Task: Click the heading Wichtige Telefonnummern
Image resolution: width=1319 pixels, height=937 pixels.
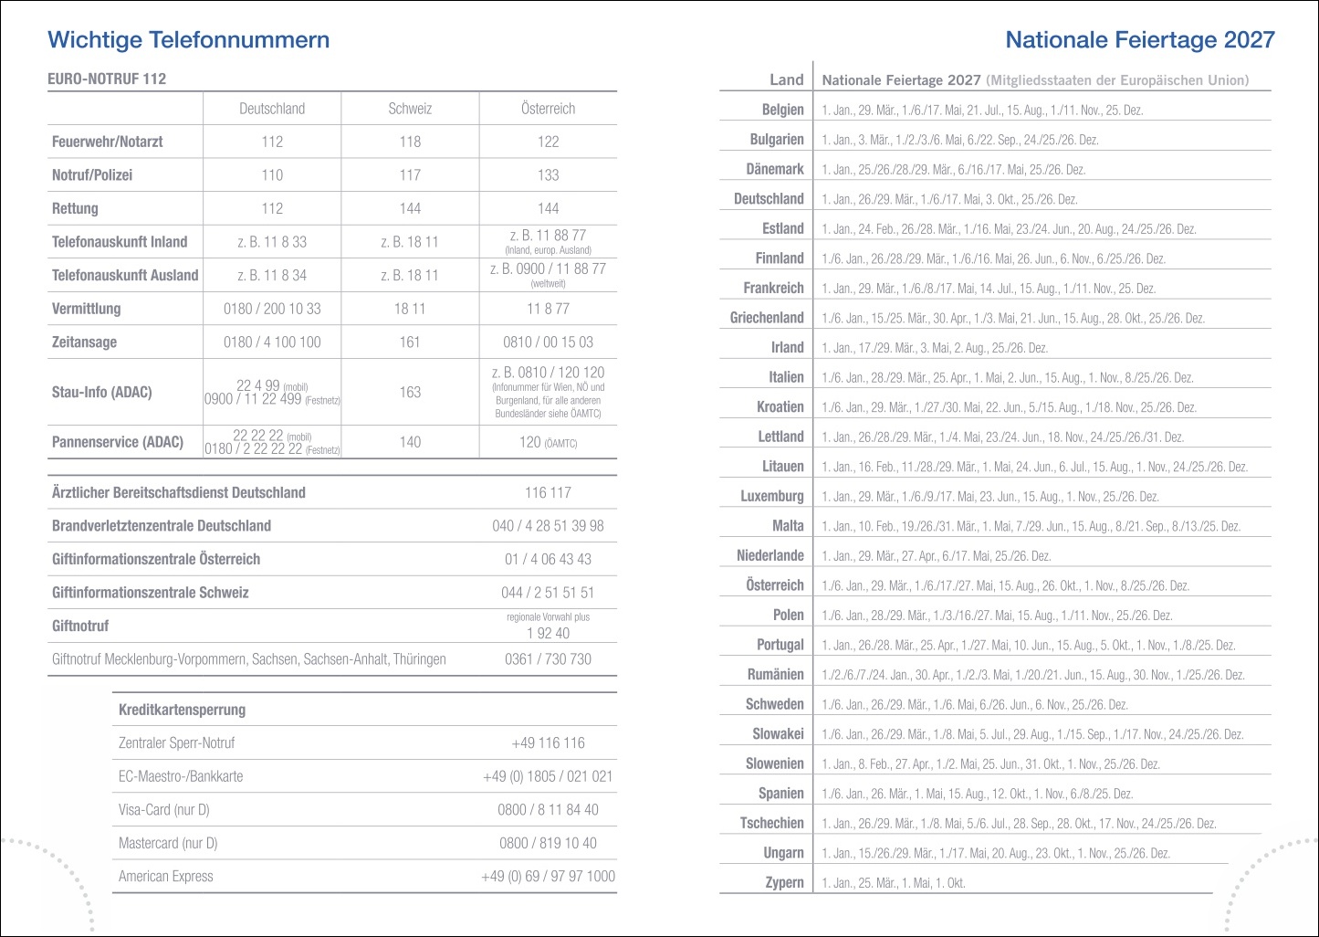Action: pos(188,40)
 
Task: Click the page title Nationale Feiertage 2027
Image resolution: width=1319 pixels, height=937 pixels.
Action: pos(1139,40)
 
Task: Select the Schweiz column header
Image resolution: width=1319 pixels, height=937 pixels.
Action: pos(410,109)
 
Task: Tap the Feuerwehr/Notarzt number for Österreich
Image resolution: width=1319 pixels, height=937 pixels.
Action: pos(548,142)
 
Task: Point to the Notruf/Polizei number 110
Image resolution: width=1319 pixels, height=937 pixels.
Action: pos(272,175)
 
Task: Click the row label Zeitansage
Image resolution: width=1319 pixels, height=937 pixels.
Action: pos(85,342)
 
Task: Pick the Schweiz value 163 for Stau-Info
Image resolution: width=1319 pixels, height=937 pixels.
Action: pos(410,392)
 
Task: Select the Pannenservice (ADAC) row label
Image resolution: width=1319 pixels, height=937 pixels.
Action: pos(118,442)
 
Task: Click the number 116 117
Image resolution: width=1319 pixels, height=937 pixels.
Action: pos(548,493)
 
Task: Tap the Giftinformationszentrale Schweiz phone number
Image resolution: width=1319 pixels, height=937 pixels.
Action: pos(548,593)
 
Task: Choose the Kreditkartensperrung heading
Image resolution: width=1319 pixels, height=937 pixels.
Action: pos(182,710)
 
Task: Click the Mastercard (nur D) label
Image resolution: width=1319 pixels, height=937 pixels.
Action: pos(168,843)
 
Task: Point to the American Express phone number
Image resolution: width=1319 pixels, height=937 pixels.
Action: pos(548,877)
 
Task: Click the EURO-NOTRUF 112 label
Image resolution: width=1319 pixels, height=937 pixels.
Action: pos(107,79)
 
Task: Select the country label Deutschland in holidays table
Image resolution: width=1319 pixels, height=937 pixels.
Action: pos(769,199)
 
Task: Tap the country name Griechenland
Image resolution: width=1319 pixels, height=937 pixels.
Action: pos(767,318)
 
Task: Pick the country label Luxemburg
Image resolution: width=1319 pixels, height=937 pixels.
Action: pos(772,497)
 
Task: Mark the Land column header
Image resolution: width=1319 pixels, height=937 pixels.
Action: pos(786,79)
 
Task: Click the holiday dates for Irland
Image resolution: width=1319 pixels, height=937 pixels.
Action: pos(935,348)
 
